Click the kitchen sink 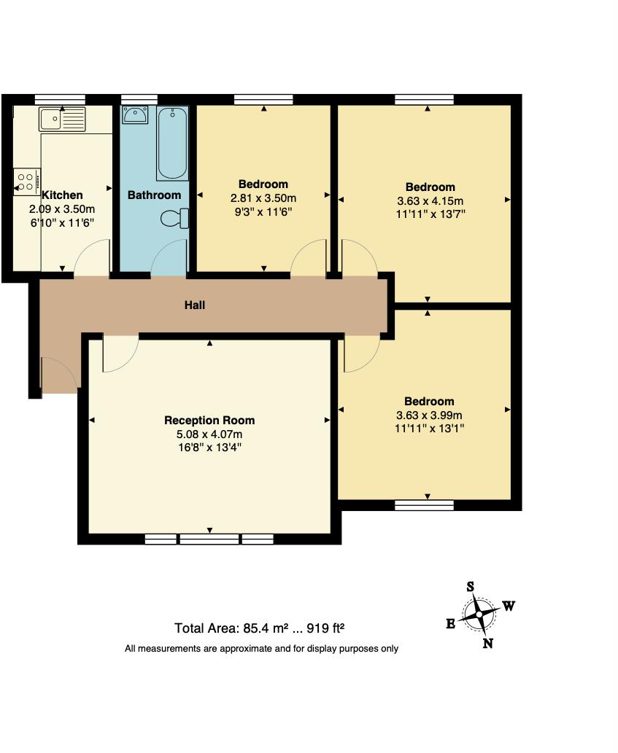coord(63,119)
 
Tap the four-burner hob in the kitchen coord(26,182)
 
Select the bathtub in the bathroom coord(172,143)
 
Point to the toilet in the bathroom coord(174,219)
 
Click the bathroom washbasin coord(135,115)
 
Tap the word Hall coord(195,305)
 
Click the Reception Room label coord(209,420)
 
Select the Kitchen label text coord(62,195)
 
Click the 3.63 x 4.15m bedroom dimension coord(430,200)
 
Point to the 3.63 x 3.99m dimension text coord(429,415)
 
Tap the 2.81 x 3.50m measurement coord(263,198)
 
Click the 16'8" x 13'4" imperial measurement coord(209,448)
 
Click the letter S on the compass coord(471,586)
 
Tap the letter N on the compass coord(488,643)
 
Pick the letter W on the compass coord(509,606)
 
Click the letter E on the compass coord(451,623)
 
